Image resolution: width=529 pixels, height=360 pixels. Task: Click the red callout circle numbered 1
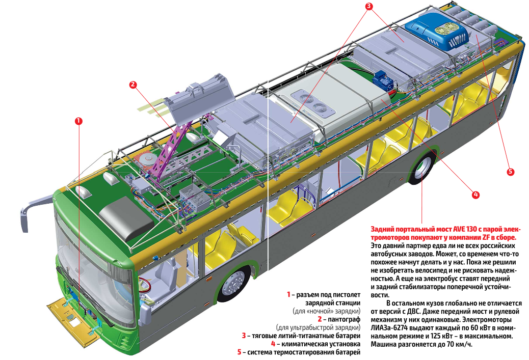pyautogui.click(x=78, y=121)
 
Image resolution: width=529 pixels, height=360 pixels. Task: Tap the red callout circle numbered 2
pyautogui.click(x=133, y=85)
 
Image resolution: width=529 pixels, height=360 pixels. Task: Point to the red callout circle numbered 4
pyautogui.click(x=475, y=194)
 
